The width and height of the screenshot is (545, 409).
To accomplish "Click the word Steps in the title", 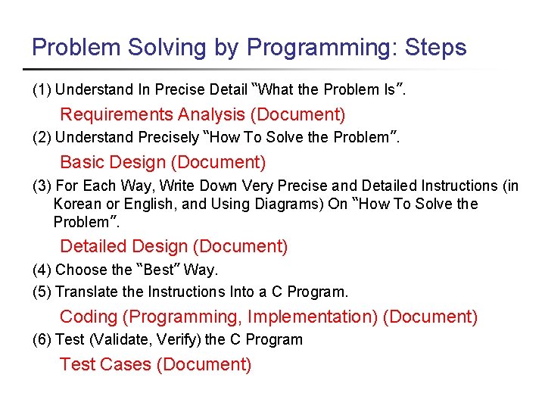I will [x=436, y=48].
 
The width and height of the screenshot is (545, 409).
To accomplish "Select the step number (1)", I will [x=42, y=90].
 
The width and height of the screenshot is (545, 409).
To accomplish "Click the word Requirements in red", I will [x=116, y=114].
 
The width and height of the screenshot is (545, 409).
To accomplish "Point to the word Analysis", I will [x=211, y=114].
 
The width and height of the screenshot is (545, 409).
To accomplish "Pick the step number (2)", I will [x=42, y=138].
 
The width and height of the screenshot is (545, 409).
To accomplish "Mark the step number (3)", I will [x=42, y=186].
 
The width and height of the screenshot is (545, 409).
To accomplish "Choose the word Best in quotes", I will [x=158, y=270].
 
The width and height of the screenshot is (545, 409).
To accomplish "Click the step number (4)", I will [x=42, y=270].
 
